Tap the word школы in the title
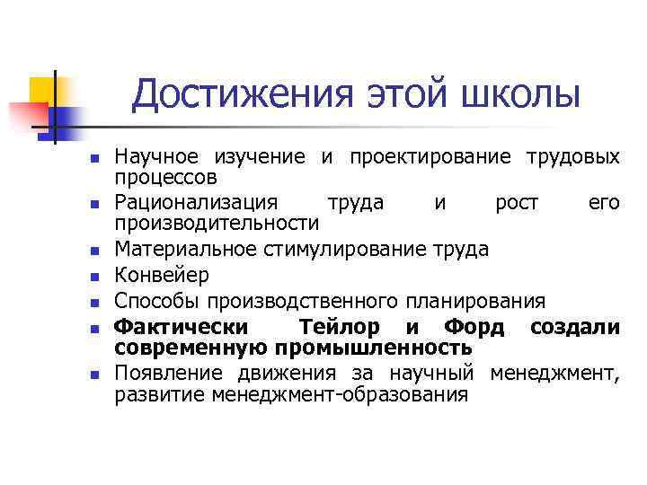tap(518, 94)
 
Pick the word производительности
tap(217, 222)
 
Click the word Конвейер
tap(162, 274)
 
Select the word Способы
tap(155, 300)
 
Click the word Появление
tap(173, 374)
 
